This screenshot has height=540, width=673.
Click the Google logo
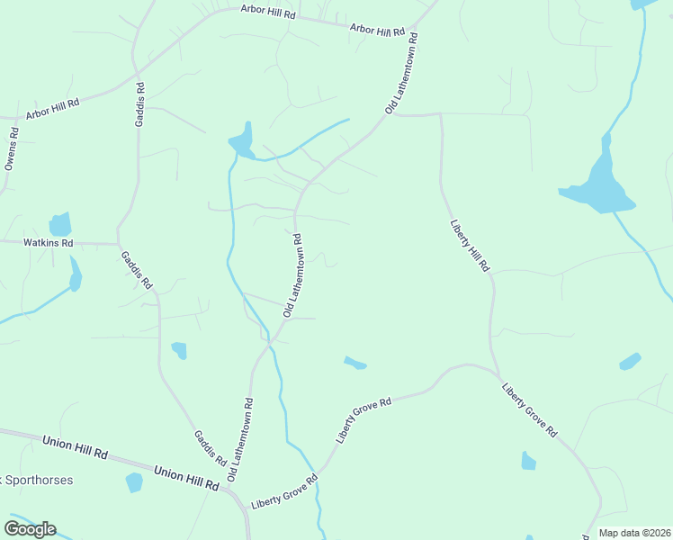point(30,528)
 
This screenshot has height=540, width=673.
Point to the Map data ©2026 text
point(634,533)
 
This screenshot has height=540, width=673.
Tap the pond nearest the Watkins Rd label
point(60,224)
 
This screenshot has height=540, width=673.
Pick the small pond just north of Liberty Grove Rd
point(355,363)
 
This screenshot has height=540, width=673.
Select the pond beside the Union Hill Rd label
point(134,482)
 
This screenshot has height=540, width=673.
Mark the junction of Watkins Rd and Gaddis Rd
point(119,244)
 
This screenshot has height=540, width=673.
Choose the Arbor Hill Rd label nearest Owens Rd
point(52,109)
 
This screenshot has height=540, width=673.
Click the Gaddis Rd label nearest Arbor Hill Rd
point(140,104)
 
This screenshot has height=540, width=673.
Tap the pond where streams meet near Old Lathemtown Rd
point(242,140)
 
